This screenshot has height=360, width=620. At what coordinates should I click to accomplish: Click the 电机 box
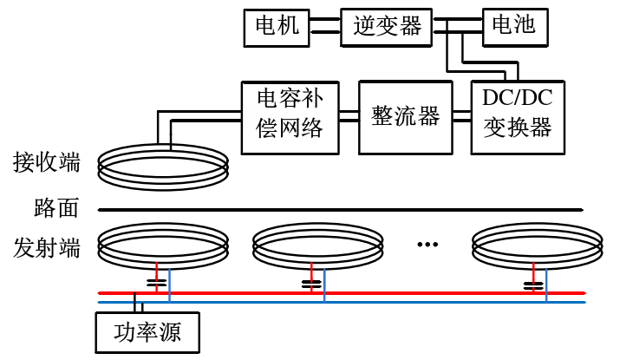tap(277, 26)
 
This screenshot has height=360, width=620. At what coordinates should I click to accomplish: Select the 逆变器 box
tap(387, 26)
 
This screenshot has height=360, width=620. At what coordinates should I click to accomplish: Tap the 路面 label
tap(56, 208)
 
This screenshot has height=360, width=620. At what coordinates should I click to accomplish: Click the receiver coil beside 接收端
tap(162, 164)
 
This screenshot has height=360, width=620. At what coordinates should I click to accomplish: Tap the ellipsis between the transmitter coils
tap(427, 245)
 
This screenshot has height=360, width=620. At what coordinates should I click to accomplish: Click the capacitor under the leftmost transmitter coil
tap(157, 282)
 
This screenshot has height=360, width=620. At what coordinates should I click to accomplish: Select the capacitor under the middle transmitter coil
tap(310, 282)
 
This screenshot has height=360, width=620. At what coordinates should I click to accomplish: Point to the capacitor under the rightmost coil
tap(532, 282)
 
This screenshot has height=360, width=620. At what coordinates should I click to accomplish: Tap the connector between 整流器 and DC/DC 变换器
tap(460, 116)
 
